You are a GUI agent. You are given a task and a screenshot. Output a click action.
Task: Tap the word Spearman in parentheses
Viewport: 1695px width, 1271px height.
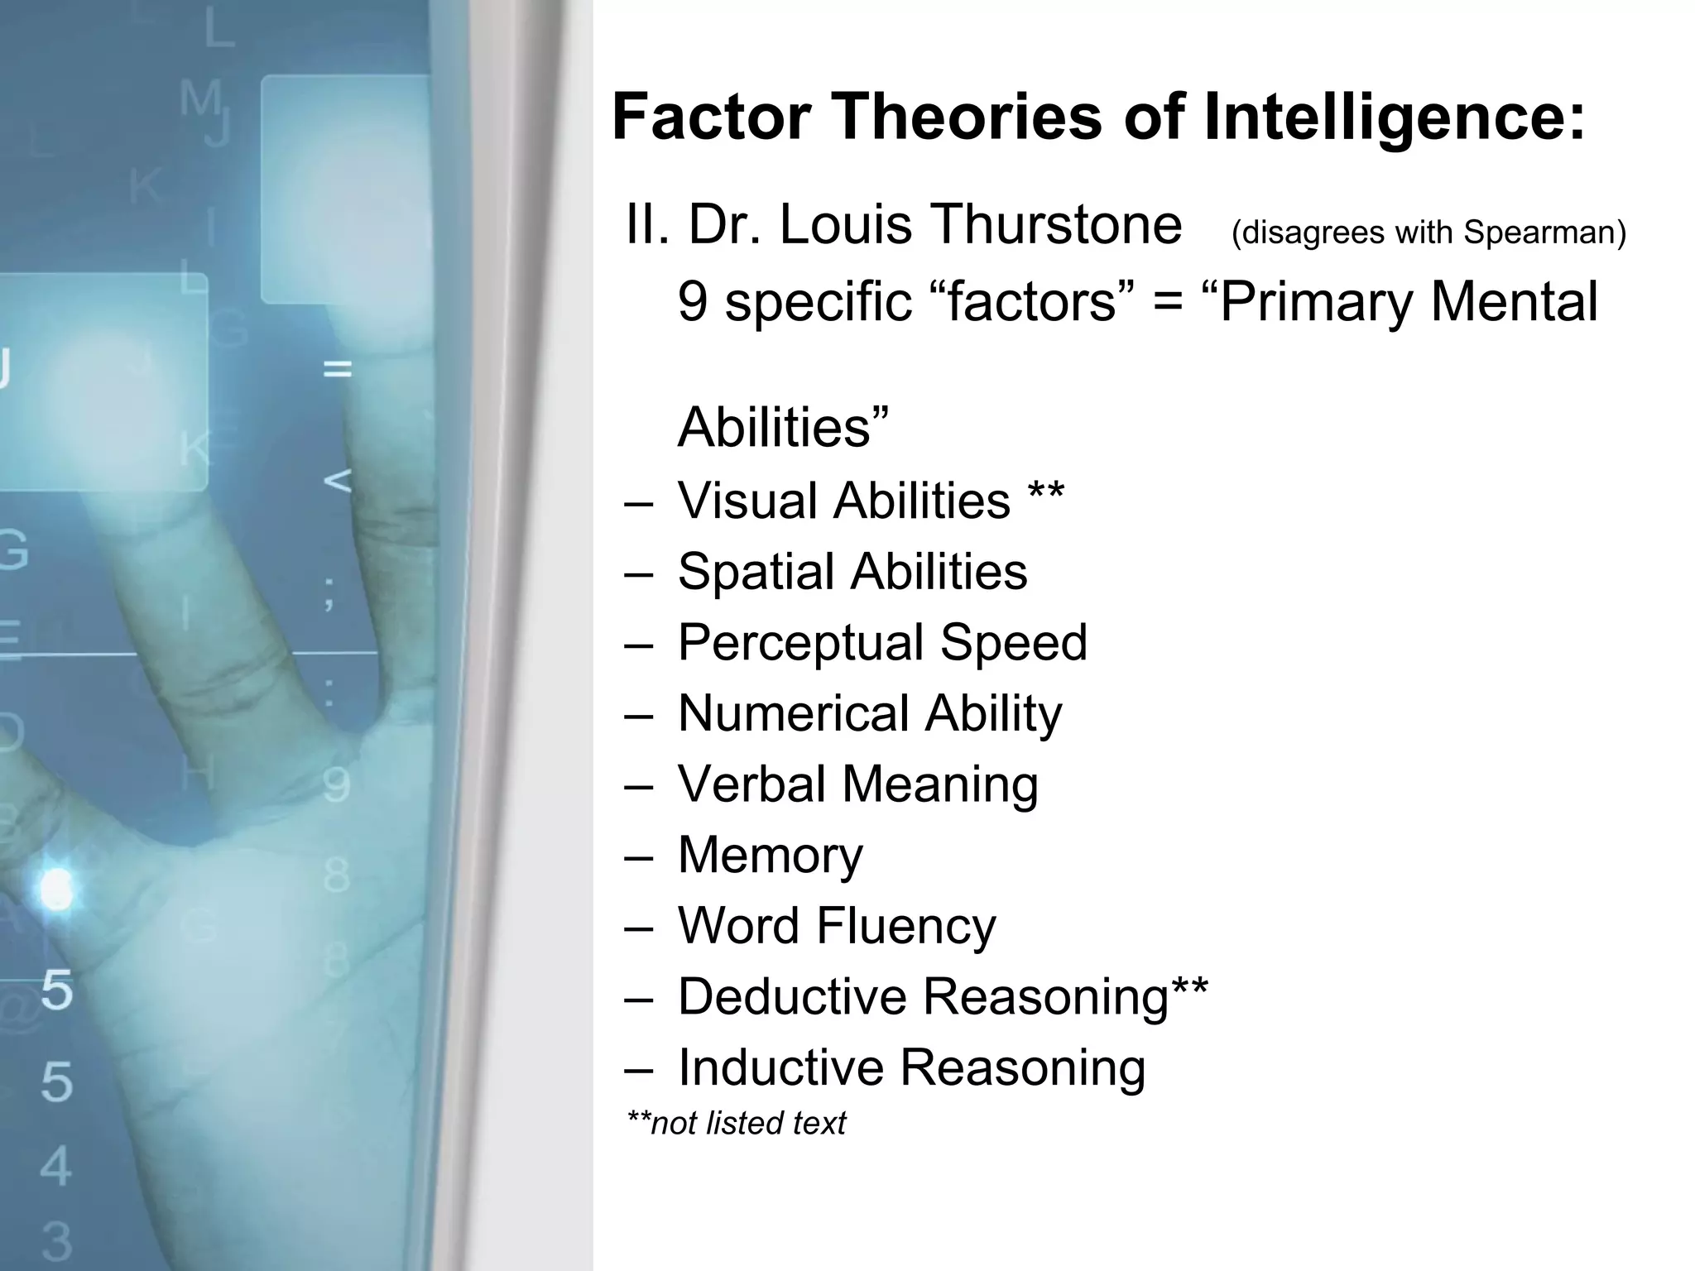(x=1544, y=233)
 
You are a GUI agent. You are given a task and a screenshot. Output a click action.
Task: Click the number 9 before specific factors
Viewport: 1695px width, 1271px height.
(x=693, y=301)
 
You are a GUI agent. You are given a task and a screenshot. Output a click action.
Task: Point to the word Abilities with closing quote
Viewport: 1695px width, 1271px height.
(x=783, y=427)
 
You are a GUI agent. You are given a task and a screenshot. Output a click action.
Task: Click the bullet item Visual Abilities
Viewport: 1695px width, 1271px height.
(x=844, y=501)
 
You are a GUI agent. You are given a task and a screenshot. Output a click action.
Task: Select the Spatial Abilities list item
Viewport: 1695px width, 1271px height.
(x=852, y=572)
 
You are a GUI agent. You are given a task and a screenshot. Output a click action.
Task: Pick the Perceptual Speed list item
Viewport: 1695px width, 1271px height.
(x=882, y=643)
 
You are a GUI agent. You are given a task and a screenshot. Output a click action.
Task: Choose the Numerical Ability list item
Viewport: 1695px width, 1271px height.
(x=870, y=714)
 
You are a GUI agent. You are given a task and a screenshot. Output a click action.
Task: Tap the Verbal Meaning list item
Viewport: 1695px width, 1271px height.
(x=858, y=784)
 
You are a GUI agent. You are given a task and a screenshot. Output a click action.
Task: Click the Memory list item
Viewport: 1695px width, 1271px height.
(x=770, y=856)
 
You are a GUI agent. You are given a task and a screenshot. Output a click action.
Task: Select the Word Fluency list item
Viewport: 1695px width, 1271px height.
(x=837, y=926)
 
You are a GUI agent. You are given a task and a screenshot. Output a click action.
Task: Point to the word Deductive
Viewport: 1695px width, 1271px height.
(x=792, y=996)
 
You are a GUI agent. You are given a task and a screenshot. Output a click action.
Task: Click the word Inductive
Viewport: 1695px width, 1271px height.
(x=780, y=1067)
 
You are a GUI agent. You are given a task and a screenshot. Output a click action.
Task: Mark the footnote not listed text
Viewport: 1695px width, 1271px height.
(x=737, y=1124)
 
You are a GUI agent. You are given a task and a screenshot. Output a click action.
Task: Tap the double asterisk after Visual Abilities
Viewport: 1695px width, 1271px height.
(x=1046, y=495)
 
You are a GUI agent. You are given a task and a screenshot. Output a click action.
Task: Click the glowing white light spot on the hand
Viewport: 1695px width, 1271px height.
(x=56, y=890)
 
